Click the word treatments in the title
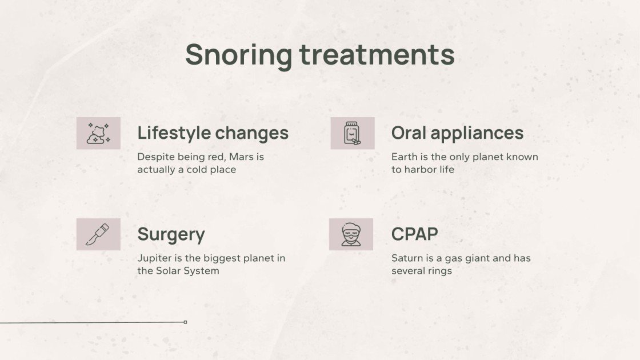click(377, 55)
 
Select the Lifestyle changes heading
click(213, 133)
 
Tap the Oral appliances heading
click(457, 133)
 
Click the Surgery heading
click(171, 234)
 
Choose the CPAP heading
click(415, 234)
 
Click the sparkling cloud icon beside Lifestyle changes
click(98, 133)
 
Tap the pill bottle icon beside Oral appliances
click(352, 133)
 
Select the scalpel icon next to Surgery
click(98, 234)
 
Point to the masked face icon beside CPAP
click(351, 234)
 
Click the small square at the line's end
click(185, 322)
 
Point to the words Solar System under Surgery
click(187, 271)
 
